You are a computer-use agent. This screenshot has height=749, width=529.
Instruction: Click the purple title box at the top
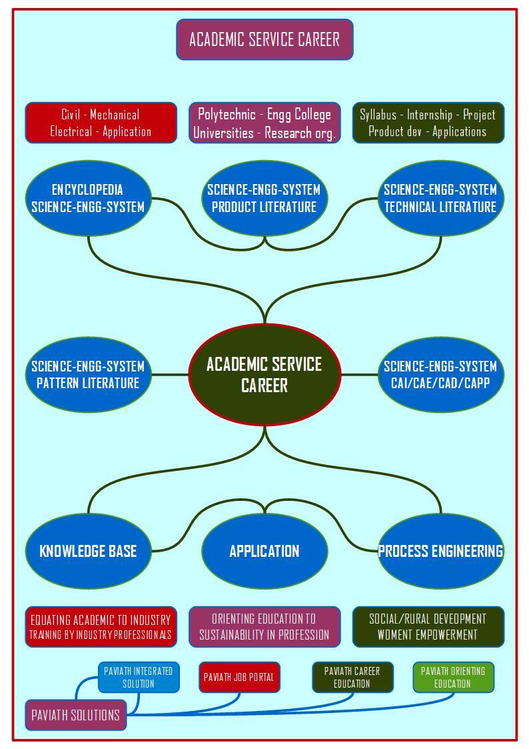click(264, 39)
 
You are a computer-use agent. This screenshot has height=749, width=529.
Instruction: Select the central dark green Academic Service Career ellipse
click(264, 375)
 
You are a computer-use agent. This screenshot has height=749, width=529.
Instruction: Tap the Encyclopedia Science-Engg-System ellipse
click(88, 198)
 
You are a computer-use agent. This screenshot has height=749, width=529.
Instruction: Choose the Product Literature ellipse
click(264, 198)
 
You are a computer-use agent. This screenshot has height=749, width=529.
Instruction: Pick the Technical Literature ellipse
click(441, 198)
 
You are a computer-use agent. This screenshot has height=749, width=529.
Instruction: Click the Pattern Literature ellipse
click(88, 375)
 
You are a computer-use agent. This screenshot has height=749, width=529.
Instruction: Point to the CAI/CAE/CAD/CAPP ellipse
click(441, 375)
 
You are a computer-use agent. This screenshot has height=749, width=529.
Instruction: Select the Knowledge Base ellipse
click(88, 551)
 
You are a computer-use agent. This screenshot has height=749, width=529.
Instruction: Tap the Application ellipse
click(264, 551)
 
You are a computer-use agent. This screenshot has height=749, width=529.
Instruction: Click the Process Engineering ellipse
click(441, 551)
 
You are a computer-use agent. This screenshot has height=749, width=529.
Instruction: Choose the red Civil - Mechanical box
click(101, 123)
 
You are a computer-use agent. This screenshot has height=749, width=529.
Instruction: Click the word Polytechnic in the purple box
click(227, 114)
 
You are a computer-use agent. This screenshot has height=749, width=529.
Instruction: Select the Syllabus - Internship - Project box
click(428, 123)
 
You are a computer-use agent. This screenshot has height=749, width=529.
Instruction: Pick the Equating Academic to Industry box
click(101, 627)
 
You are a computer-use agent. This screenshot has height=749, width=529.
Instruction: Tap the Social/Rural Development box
click(428, 627)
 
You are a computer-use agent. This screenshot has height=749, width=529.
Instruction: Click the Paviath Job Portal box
click(239, 677)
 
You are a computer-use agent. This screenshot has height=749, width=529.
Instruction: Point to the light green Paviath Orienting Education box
click(454, 677)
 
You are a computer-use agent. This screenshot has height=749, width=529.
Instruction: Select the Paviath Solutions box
click(76, 715)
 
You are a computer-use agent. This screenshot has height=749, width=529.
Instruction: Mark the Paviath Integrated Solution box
click(139, 677)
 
